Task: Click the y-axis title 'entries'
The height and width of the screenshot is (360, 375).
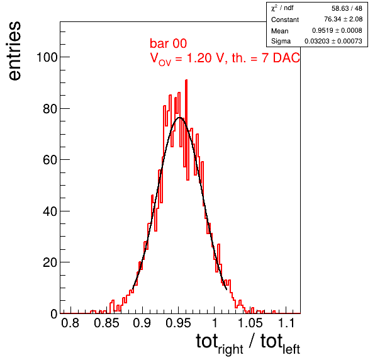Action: point(15,51)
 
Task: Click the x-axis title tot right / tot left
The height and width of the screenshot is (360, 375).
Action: point(248,344)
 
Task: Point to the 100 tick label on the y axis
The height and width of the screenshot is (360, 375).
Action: point(47,57)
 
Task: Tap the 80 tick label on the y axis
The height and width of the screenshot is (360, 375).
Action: point(50,109)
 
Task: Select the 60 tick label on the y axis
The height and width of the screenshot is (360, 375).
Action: point(50,160)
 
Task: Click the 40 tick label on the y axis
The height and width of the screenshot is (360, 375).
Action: point(50,211)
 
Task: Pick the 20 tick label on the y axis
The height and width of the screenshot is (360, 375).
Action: point(50,262)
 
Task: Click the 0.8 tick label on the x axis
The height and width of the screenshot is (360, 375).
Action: point(70,323)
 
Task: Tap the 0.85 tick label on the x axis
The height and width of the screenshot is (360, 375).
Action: point(106,323)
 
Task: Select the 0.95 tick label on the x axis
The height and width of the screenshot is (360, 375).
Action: point(178,323)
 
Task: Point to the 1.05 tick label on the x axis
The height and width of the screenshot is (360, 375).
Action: point(250,323)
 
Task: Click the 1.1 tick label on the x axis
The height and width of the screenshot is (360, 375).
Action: point(286,323)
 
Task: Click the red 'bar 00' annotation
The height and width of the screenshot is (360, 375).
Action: point(168,43)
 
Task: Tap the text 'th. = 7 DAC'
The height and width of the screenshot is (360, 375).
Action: point(266,58)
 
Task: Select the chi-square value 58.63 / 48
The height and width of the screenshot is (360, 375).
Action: point(347,8)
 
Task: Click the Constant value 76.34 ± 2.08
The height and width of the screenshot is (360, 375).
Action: point(343,19)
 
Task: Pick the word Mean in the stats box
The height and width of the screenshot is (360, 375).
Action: point(279,31)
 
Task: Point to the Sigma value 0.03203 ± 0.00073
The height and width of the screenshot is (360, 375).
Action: point(333,41)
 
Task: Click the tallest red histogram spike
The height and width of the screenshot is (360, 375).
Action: point(186,81)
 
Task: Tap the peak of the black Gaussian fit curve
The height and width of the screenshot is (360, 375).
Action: point(180,118)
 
